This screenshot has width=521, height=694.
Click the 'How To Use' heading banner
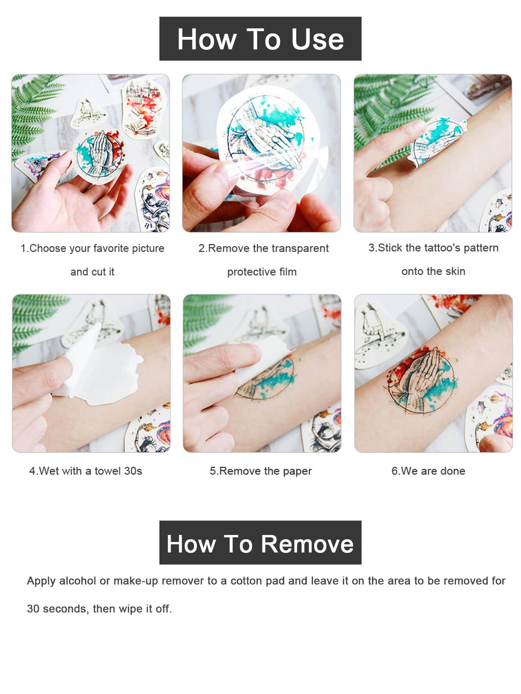point(260,38)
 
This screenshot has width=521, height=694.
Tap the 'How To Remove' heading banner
point(260,542)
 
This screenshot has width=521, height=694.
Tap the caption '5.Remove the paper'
point(260,471)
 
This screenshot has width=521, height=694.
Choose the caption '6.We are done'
point(428,471)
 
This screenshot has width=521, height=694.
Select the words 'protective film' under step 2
point(262,272)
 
